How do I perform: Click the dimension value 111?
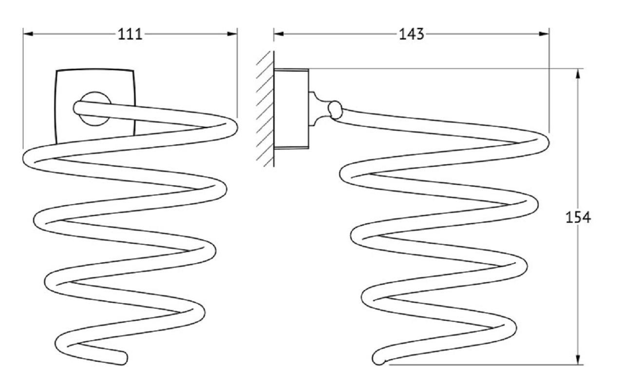[130, 34]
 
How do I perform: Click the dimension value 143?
[412, 34]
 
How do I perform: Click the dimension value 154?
[578, 217]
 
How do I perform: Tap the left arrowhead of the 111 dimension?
[28, 34]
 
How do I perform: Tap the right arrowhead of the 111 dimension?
[232, 34]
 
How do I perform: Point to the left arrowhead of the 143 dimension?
[279, 34]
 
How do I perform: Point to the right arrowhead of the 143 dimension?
[544, 34]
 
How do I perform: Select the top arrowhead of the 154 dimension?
[578, 74]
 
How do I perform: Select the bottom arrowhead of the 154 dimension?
[578, 359]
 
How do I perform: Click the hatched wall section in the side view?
[265, 109]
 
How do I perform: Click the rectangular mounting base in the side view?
[291, 109]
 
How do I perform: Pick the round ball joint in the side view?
[335, 110]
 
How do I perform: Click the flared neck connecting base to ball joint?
[318, 109]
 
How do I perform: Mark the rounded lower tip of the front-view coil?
[123, 358]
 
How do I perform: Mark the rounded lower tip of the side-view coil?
[378, 359]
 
